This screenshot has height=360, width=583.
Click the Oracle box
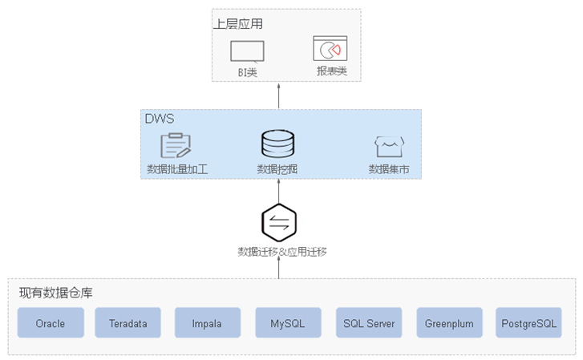tap(51, 322)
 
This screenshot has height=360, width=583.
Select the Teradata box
tap(128, 322)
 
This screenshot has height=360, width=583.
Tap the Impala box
tap(208, 322)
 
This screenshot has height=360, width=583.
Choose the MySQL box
tap(288, 322)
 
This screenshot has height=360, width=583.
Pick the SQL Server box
tap(369, 322)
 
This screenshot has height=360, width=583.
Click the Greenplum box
tap(450, 322)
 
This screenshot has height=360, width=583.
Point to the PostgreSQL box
tap(528, 322)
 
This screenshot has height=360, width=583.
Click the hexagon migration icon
tap(279, 222)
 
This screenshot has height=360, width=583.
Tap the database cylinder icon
tap(277, 144)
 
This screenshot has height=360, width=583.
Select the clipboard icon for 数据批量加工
tap(176, 145)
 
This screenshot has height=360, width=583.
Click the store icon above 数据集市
tap(389, 147)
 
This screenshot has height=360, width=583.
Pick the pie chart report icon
tap(330, 48)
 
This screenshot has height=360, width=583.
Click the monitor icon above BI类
tap(247, 51)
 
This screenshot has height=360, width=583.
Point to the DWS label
tap(160, 119)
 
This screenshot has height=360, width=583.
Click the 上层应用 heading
tap(238, 24)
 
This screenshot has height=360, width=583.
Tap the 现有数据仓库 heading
tap(56, 293)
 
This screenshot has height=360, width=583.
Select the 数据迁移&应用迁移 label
tap(282, 252)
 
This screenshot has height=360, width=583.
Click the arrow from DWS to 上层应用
tap(279, 96)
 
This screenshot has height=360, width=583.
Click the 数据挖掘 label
tap(277, 169)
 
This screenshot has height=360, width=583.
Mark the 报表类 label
tap(332, 71)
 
